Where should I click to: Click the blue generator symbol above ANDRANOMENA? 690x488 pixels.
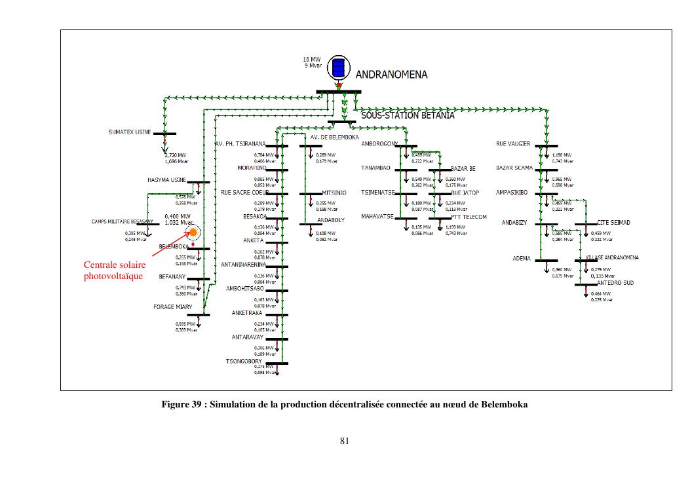coord(338,67)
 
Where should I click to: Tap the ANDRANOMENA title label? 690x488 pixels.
coord(391,75)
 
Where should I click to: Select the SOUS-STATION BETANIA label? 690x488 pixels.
coord(408,116)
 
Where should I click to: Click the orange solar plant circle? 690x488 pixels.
coord(193,232)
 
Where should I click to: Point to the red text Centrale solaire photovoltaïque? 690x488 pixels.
coord(115,271)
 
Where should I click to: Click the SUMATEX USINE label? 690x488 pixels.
coord(130,132)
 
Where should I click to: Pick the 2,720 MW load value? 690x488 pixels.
coord(176,155)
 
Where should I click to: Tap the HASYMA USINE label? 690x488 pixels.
coord(167,179)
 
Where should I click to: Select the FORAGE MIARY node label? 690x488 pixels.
coord(172,307)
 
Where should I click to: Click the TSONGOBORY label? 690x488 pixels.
coord(244,361)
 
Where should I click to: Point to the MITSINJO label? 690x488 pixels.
coord(334,193)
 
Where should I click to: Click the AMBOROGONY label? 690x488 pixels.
coord(380,143)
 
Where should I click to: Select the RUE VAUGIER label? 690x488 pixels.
coord(513,143)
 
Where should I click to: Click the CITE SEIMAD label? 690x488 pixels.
coord(613,223)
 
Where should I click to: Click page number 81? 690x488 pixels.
coord(345,441)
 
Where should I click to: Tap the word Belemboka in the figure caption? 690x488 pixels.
coord(504,404)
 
